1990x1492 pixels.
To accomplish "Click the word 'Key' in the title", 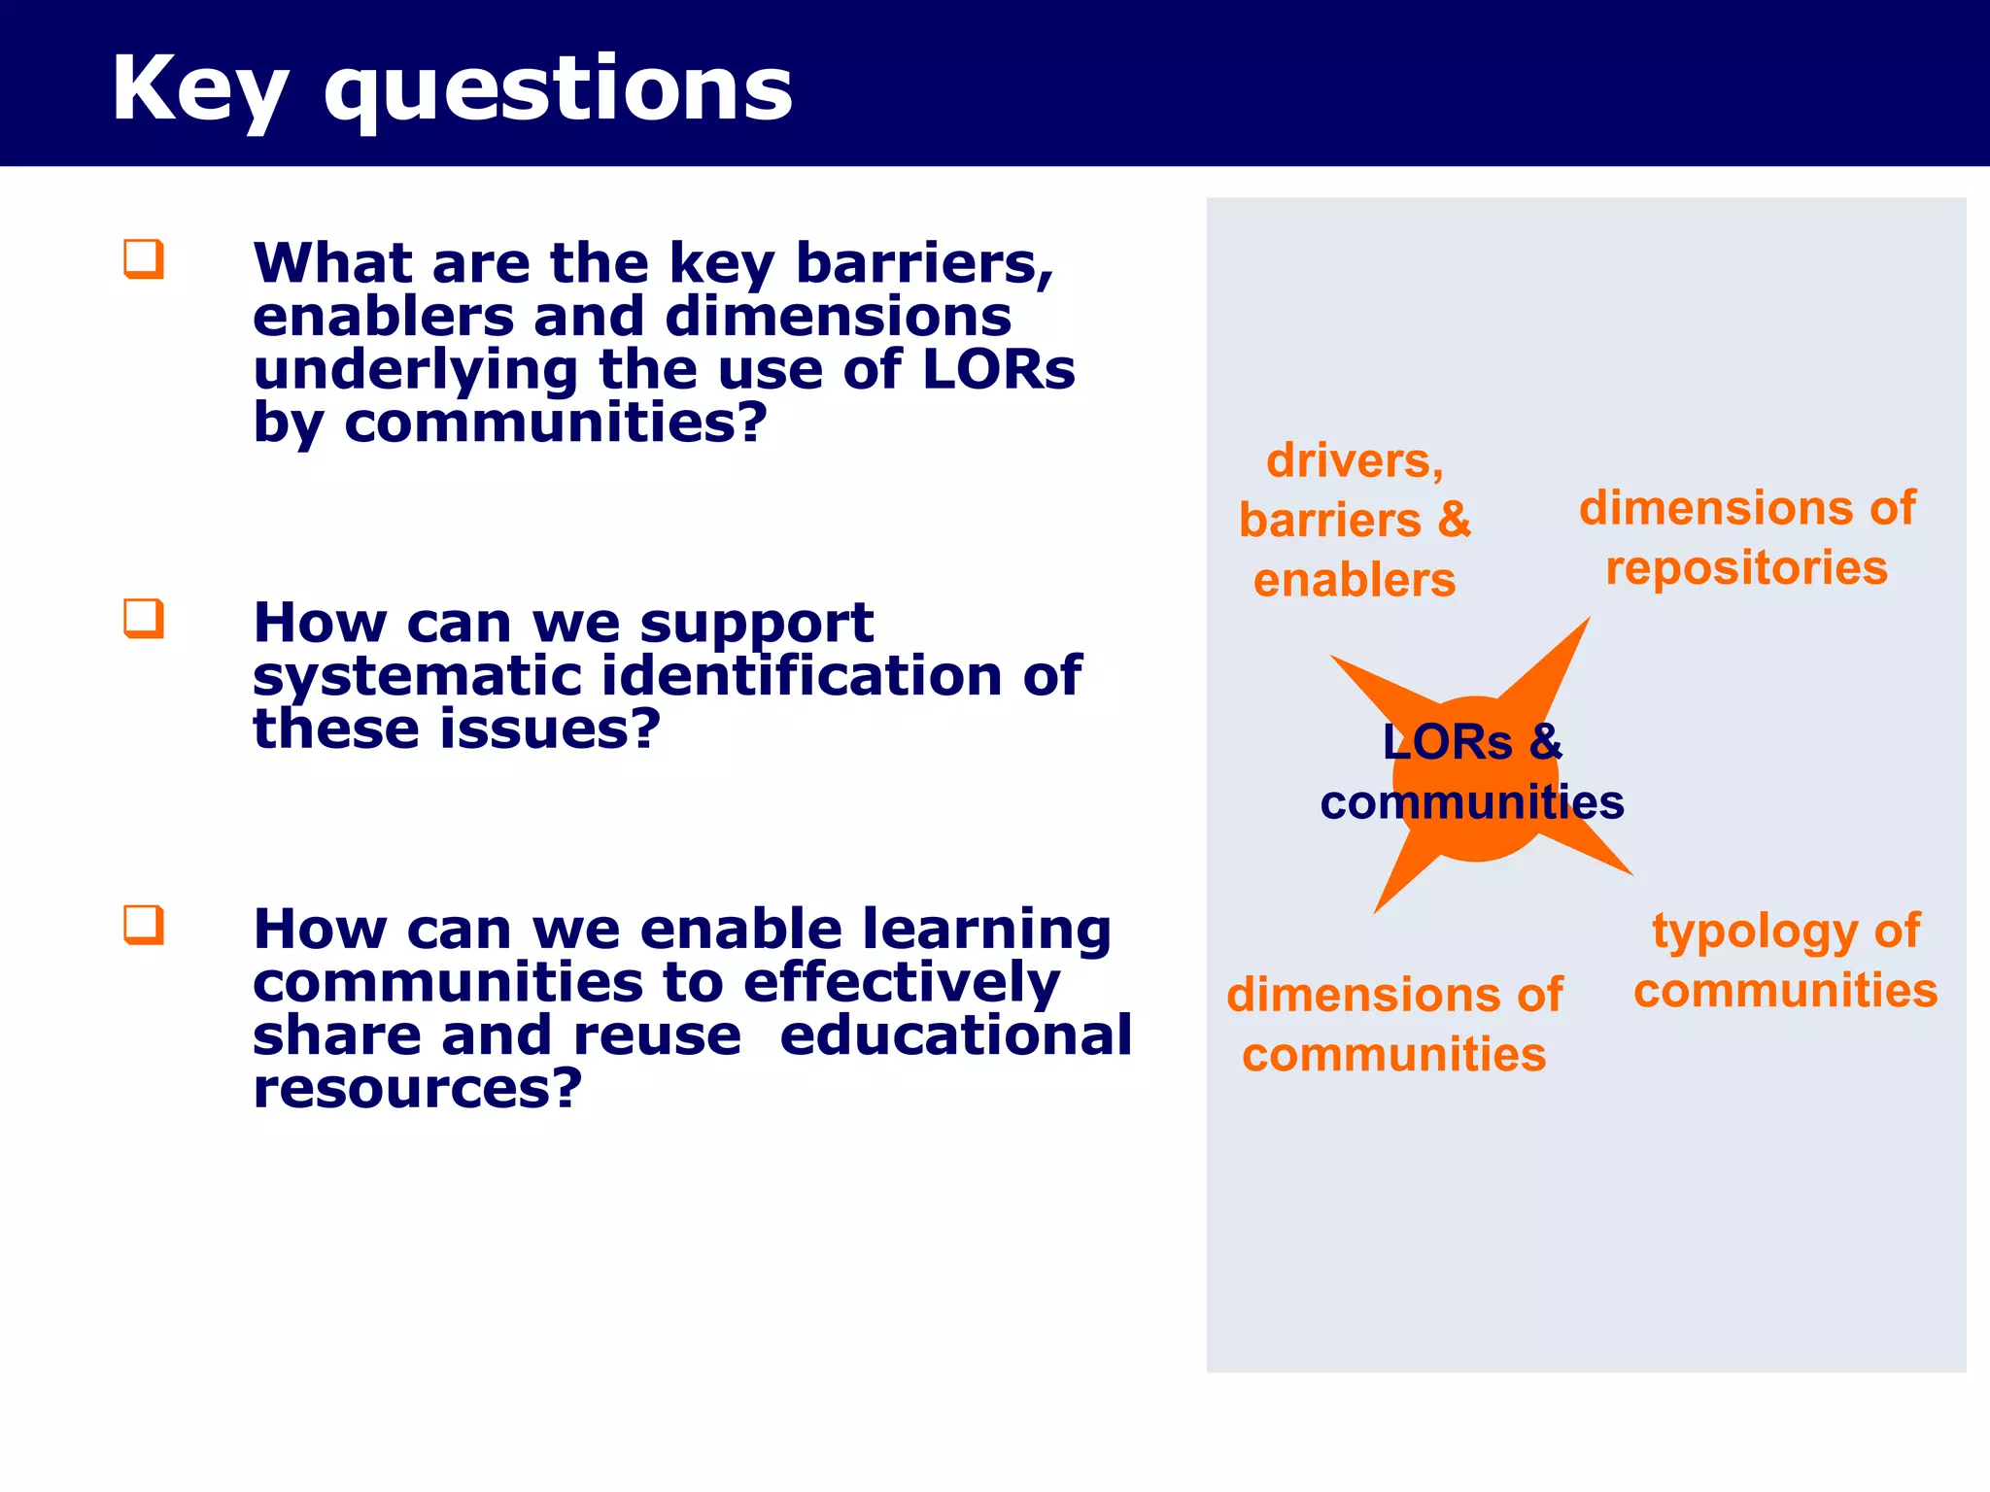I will [199, 89].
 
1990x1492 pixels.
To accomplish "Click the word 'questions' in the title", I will [558, 89].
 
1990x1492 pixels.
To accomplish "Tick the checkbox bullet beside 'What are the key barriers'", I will [144, 259].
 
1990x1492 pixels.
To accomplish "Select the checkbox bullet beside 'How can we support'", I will [144, 618].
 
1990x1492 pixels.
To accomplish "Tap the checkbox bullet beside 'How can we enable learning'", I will [144, 925].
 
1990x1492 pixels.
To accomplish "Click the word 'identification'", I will [802, 676].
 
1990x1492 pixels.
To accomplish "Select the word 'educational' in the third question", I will [955, 1034].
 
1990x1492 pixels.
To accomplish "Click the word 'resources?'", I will [417, 1088].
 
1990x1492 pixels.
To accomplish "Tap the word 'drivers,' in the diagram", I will [1355, 460].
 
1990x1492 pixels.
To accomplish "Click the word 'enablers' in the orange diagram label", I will [1355, 581].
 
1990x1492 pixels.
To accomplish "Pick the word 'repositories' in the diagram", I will [1746, 568].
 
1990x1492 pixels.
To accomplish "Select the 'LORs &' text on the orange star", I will [1471, 742].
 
